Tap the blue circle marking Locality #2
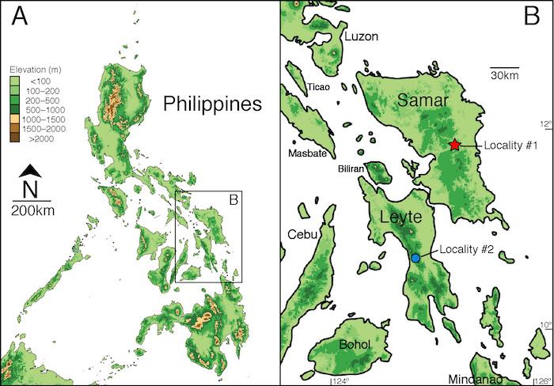tap(415, 259)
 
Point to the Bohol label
tap(354, 344)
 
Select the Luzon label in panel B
tap(362, 36)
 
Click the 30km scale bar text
tap(504, 75)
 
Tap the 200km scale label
tap(31, 210)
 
